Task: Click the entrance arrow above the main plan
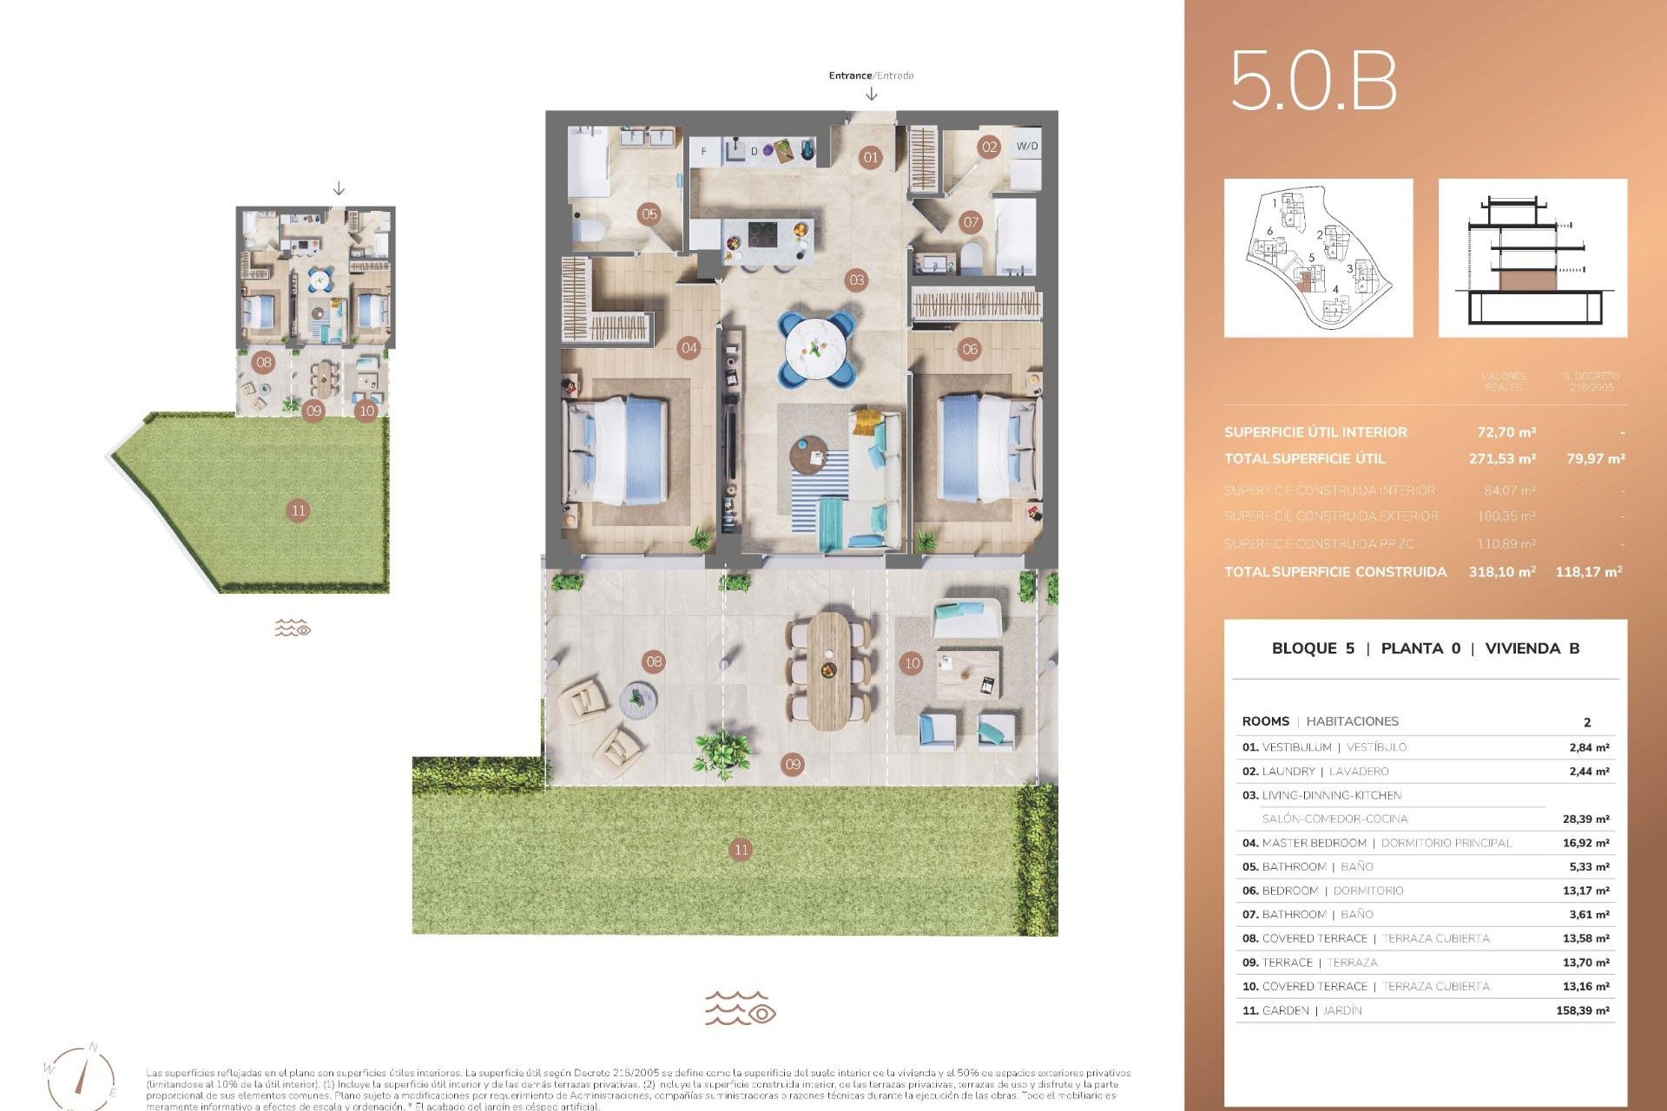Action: (x=871, y=94)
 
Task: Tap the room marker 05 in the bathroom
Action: (x=649, y=214)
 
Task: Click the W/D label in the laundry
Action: (x=1027, y=146)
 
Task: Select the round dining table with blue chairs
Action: (x=816, y=349)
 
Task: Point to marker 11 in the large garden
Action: (x=741, y=850)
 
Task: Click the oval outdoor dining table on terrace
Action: (x=829, y=670)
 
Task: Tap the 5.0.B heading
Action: (x=1314, y=81)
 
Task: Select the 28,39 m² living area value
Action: (x=1585, y=818)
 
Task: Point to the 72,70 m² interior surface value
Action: (x=1506, y=431)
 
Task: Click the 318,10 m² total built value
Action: (x=1502, y=571)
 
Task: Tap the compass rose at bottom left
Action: (x=81, y=1076)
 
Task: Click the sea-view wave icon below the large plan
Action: (x=740, y=1009)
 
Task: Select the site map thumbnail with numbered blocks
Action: (x=1318, y=258)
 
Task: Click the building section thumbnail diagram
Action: (x=1532, y=258)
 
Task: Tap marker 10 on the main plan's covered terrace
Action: (x=912, y=663)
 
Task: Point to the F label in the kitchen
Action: (x=703, y=151)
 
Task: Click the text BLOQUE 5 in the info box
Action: (x=1313, y=648)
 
